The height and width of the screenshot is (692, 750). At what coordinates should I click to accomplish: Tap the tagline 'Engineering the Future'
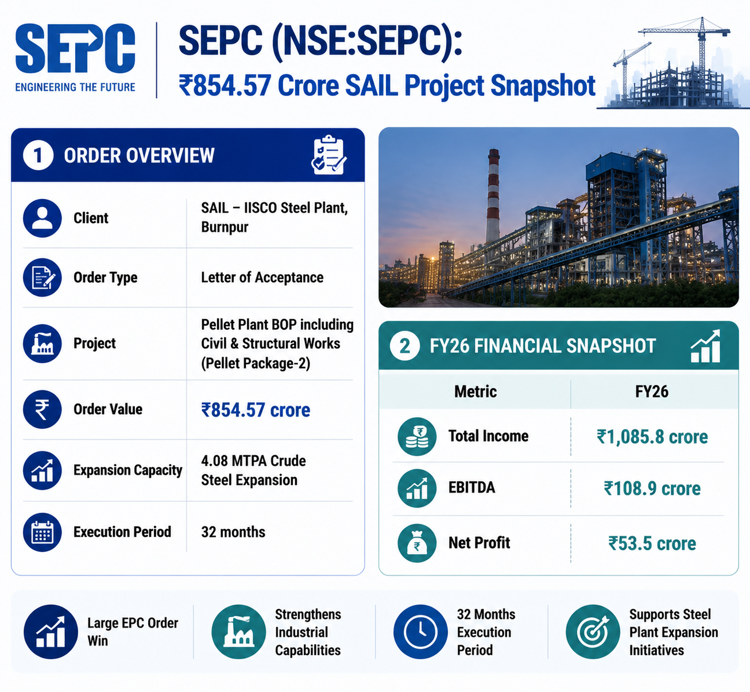click(x=75, y=87)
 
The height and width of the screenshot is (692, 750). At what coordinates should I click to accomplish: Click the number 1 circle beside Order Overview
click(x=38, y=155)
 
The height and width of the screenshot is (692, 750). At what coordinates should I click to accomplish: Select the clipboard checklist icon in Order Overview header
click(x=328, y=155)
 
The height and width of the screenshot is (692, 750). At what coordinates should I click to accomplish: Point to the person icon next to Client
click(x=42, y=218)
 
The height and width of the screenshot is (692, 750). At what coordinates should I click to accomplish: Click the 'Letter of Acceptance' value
click(x=262, y=278)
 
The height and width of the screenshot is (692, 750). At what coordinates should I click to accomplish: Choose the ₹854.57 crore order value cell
click(x=256, y=410)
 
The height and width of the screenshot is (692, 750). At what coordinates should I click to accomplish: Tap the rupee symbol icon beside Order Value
click(x=42, y=410)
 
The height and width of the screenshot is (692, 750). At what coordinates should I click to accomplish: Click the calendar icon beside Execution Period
click(x=42, y=532)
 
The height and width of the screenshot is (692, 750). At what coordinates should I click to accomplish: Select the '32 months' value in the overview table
click(x=233, y=532)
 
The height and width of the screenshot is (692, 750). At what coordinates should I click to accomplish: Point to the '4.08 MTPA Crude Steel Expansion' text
click(x=253, y=470)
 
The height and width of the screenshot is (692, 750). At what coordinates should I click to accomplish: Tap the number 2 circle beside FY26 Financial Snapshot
click(x=404, y=346)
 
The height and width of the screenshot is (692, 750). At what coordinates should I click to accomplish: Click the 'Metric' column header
click(x=475, y=391)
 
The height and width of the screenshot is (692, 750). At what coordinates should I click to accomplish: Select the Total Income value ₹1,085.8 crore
click(x=652, y=437)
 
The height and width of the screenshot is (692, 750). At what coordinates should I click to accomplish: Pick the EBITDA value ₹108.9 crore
click(x=652, y=489)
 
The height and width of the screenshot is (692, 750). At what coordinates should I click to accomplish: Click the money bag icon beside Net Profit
click(x=417, y=543)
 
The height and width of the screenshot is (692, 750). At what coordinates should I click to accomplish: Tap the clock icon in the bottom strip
click(x=420, y=632)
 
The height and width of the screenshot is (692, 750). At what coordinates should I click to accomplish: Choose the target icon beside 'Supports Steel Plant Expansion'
click(x=593, y=632)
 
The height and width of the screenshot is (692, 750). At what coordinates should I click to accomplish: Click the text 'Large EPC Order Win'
click(x=133, y=632)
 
